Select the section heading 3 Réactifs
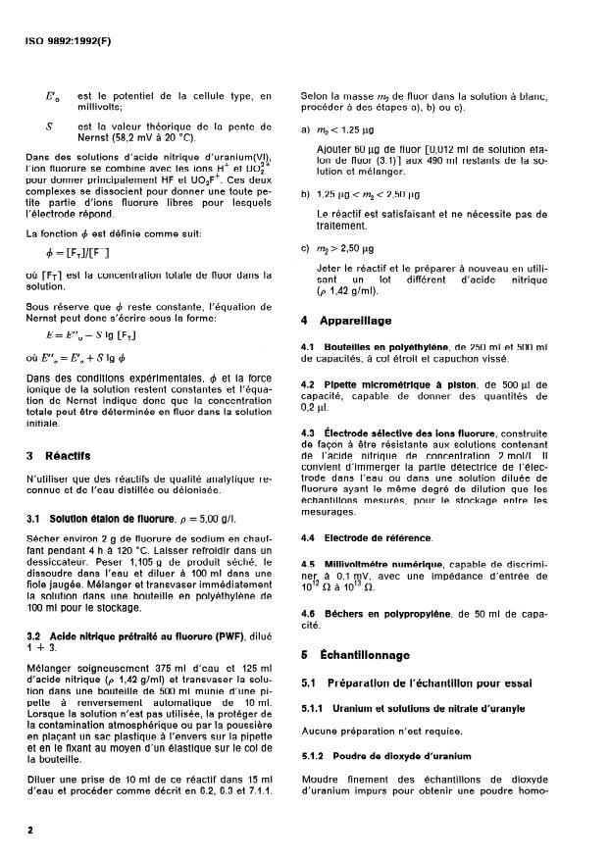click(64, 455)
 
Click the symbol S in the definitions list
click(49, 127)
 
